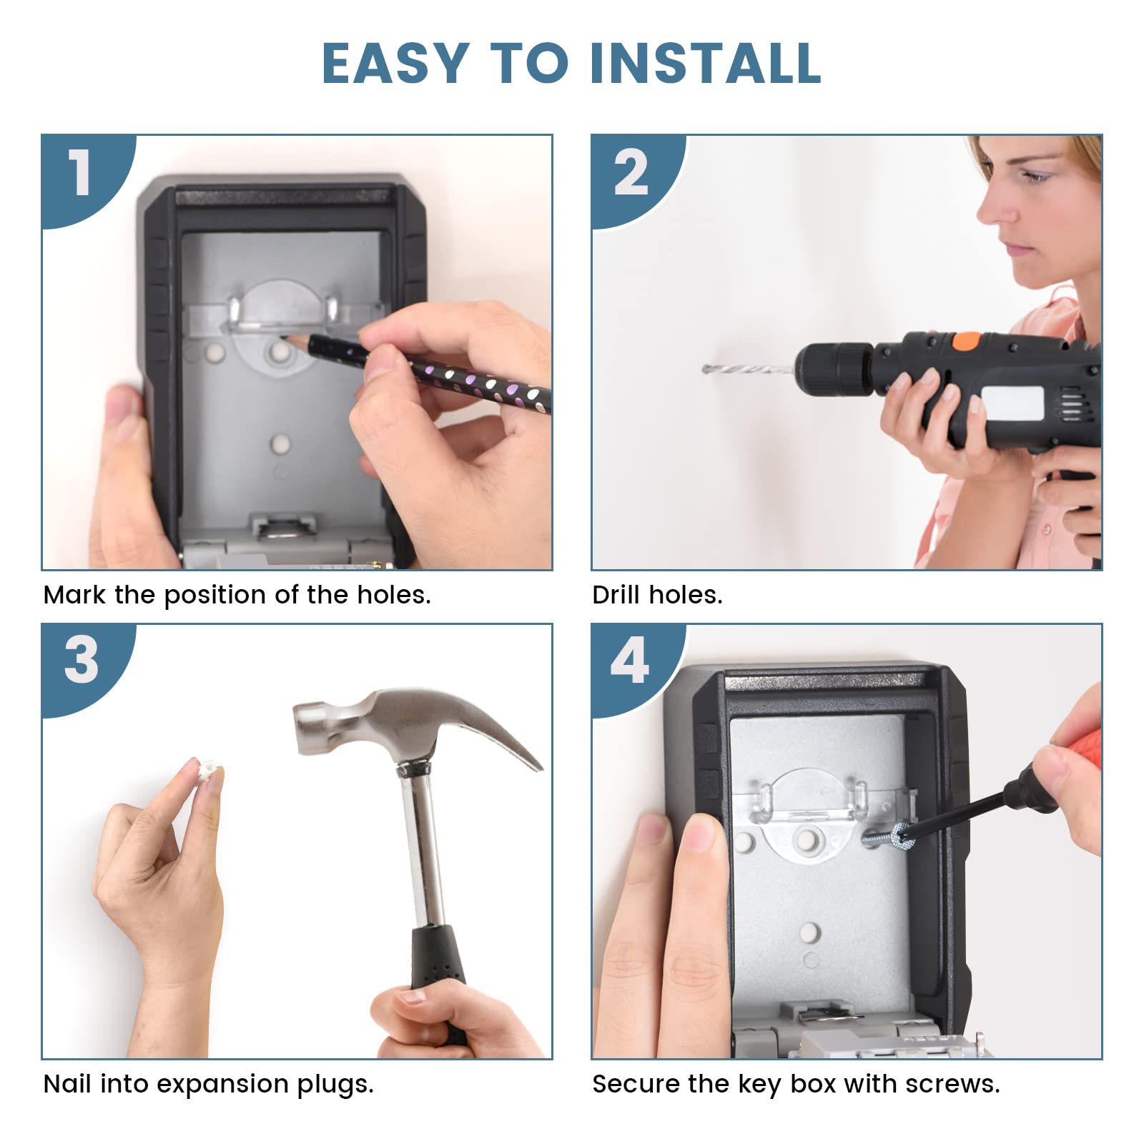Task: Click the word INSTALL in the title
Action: [x=706, y=63]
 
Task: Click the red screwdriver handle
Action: [x=1076, y=722]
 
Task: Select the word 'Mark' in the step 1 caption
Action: [x=74, y=595]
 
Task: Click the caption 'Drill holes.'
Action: [x=657, y=595]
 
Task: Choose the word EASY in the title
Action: [x=395, y=63]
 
